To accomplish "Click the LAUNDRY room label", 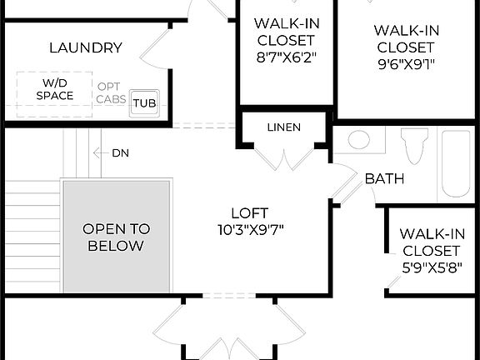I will (85, 47).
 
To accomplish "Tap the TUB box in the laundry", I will (144, 102).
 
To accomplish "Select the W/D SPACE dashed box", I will (54, 90).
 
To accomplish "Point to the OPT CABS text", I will (112, 92).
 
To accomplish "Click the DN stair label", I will (121, 152).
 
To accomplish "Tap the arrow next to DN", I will (101, 152).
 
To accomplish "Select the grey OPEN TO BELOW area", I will (116, 237).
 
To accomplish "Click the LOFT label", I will (249, 212).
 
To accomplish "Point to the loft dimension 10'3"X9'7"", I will (249, 230).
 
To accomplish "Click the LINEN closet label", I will (284, 127).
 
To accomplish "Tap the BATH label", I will (384, 177).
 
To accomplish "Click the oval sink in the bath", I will (360, 138).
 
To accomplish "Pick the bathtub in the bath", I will (456, 163).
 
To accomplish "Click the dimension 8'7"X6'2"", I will (284, 58).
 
